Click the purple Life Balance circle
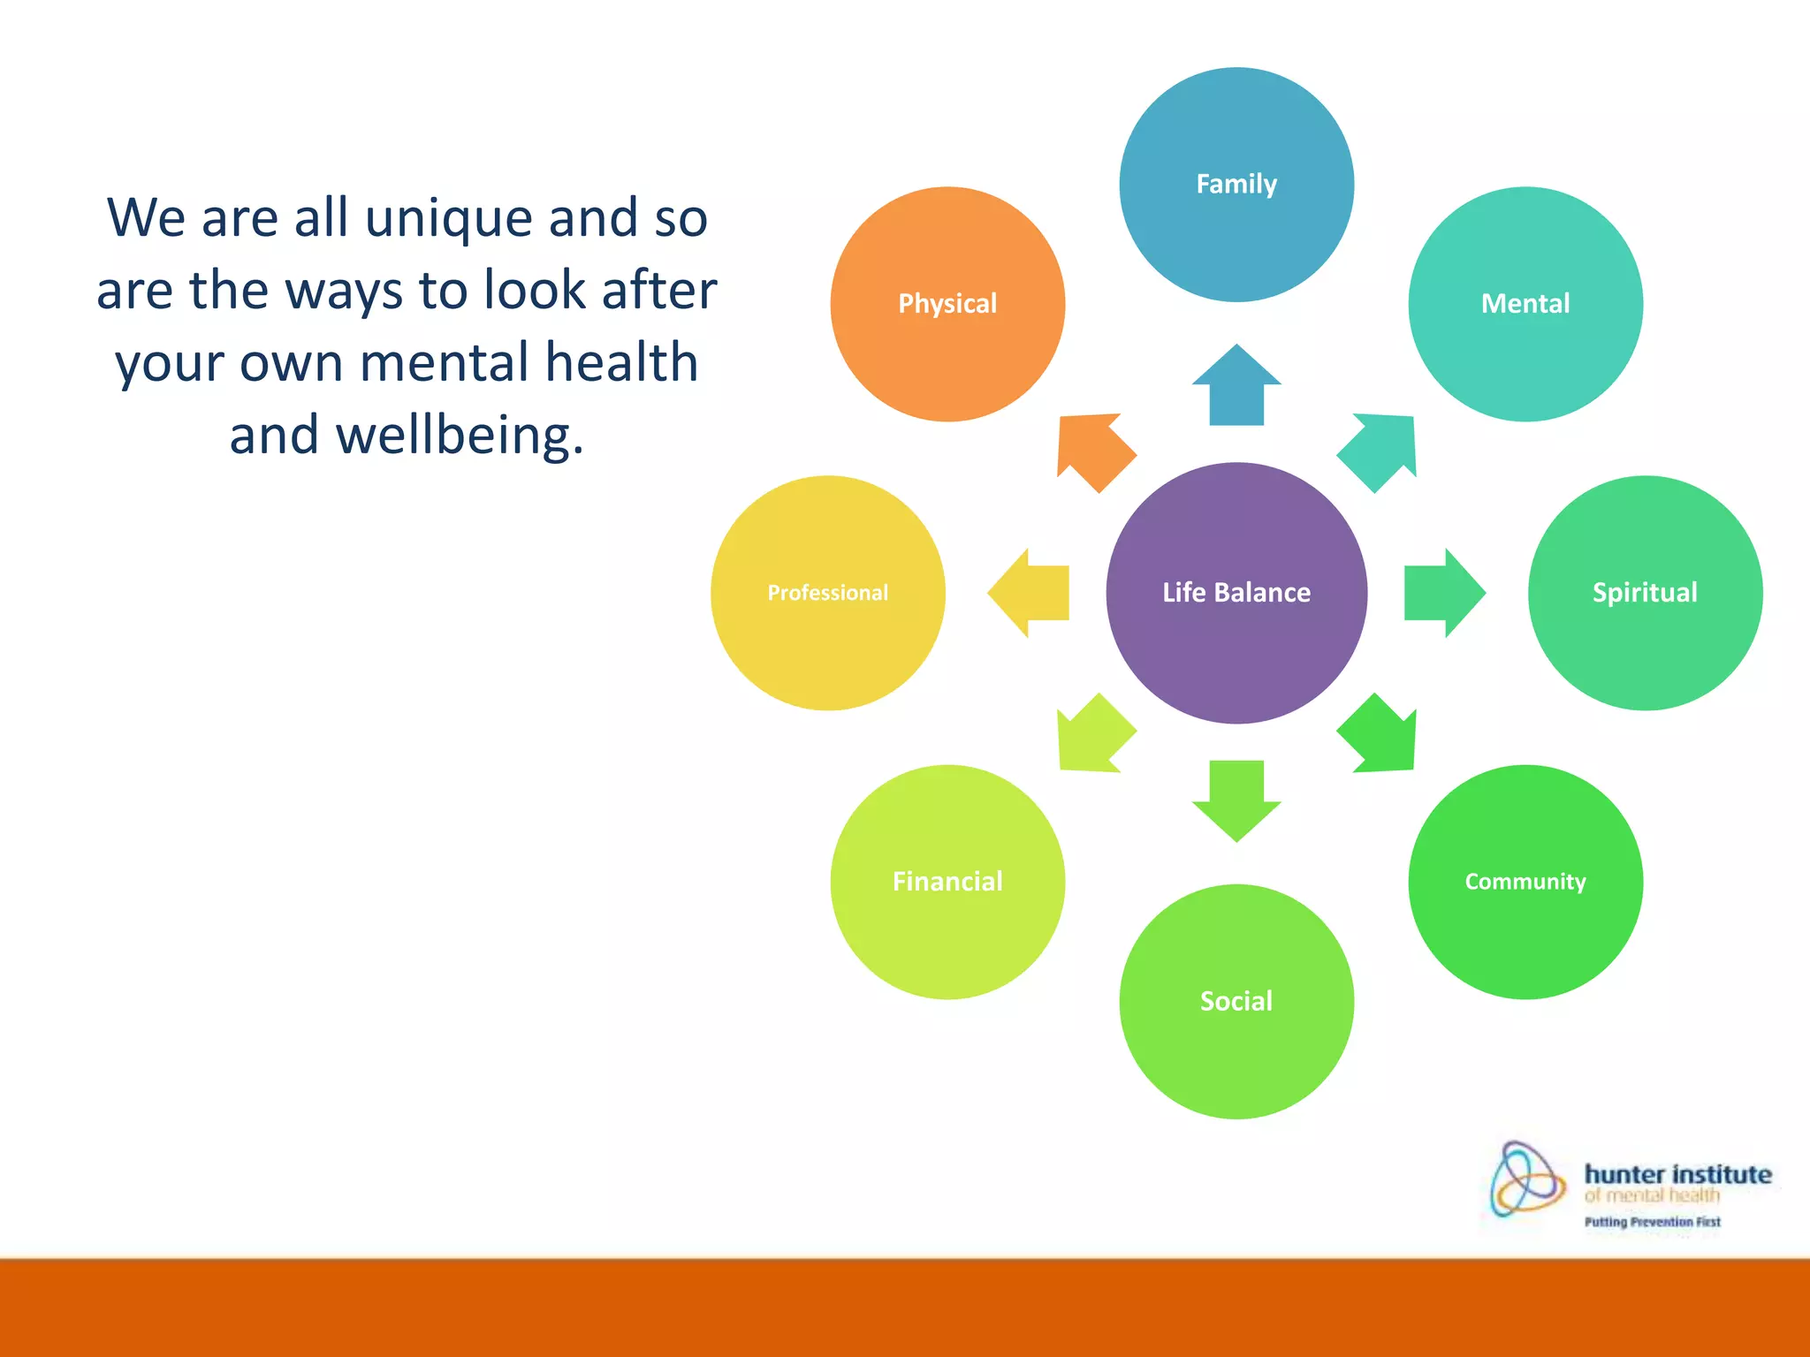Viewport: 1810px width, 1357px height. pos(1236,593)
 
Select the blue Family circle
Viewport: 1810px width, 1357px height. pos(1236,185)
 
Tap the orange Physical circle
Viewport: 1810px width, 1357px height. pos(947,304)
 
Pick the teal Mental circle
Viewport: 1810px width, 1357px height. pos(1525,304)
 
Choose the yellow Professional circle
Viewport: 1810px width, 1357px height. pos(828,593)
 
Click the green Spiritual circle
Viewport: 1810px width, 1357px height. pos(1645,593)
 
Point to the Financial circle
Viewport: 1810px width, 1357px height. pos(947,882)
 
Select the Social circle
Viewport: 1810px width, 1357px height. pos(1236,1001)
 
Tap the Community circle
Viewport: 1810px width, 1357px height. pos(1525,882)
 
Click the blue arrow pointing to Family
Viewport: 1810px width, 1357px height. pos(1236,385)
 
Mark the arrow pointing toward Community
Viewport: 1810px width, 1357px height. pos(1380,736)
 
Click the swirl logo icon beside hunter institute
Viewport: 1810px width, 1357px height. pos(1525,1179)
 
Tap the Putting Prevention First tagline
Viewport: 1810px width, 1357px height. pos(1652,1222)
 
